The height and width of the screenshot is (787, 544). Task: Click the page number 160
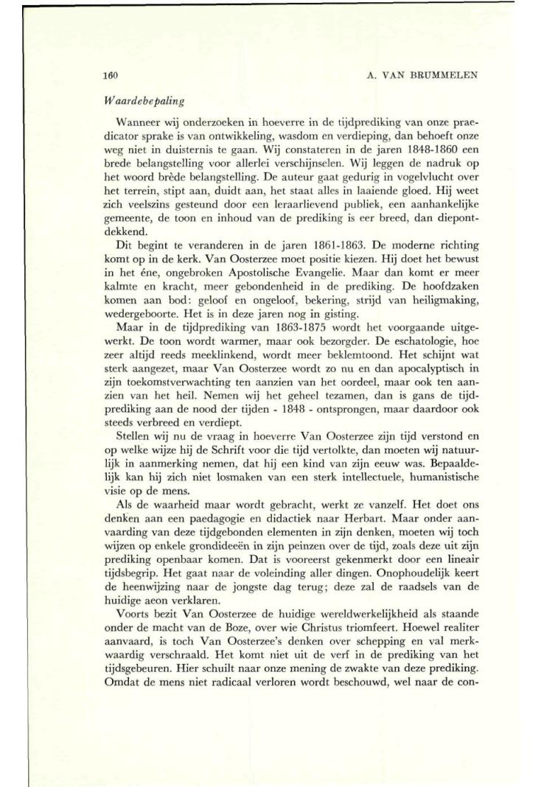[x=111, y=75]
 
